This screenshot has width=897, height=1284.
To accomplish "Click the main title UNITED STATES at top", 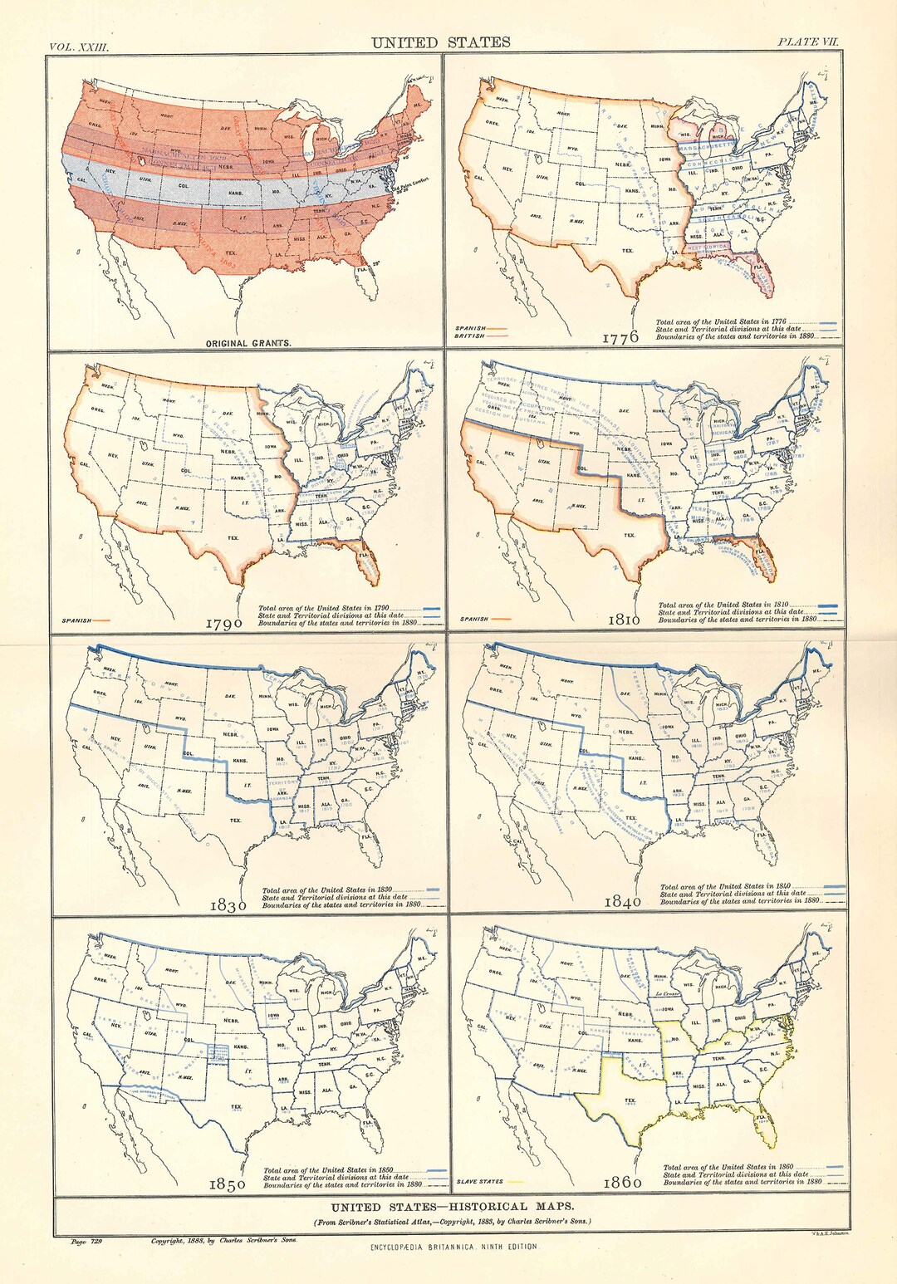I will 440,42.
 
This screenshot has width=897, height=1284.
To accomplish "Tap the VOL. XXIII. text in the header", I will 79,47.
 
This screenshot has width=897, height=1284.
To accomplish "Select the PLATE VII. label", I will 809,42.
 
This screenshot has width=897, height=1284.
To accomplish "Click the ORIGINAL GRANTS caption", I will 248,343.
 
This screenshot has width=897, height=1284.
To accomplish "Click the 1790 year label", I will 224,623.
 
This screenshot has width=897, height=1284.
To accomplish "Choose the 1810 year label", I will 623,620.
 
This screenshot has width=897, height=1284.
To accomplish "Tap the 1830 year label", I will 228,905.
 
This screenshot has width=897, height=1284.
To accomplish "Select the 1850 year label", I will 227,1184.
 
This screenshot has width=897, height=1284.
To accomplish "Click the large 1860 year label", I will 622,1182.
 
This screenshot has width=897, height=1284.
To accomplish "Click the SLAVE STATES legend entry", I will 480,1182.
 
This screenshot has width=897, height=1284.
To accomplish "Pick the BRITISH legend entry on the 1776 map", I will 470,336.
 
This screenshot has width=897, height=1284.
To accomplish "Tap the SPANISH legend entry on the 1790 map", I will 76,620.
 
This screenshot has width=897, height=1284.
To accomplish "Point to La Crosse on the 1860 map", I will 667,993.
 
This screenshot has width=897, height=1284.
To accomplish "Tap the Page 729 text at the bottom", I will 86,1241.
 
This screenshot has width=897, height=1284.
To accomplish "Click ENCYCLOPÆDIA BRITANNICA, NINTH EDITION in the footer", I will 453,1247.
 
